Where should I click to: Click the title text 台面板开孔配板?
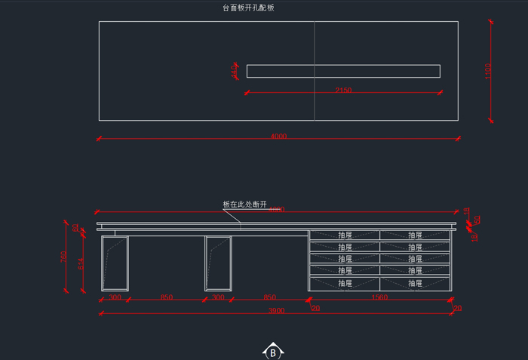click(x=248, y=8)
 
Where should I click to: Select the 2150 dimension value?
click(x=342, y=91)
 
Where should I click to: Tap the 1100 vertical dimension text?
click(x=488, y=70)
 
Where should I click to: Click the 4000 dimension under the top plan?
click(x=278, y=137)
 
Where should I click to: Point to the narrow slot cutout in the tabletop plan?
click(x=343, y=71)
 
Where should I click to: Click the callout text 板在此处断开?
click(x=245, y=205)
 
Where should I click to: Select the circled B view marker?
click(x=272, y=352)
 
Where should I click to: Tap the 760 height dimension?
click(x=64, y=257)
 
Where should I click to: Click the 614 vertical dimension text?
click(x=81, y=264)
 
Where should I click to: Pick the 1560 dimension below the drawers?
click(x=379, y=298)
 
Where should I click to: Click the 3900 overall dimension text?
click(x=277, y=311)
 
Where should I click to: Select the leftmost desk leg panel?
click(x=115, y=263)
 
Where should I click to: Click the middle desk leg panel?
click(x=218, y=263)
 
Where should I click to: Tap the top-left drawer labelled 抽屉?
click(x=345, y=235)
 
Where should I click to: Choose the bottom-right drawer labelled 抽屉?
click(x=416, y=283)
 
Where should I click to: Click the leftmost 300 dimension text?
click(x=115, y=298)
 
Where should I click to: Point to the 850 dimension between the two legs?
click(x=167, y=298)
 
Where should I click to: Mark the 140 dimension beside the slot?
click(x=234, y=71)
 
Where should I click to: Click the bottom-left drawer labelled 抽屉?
click(x=345, y=283)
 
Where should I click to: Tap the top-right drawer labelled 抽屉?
click(x=416, y=235)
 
